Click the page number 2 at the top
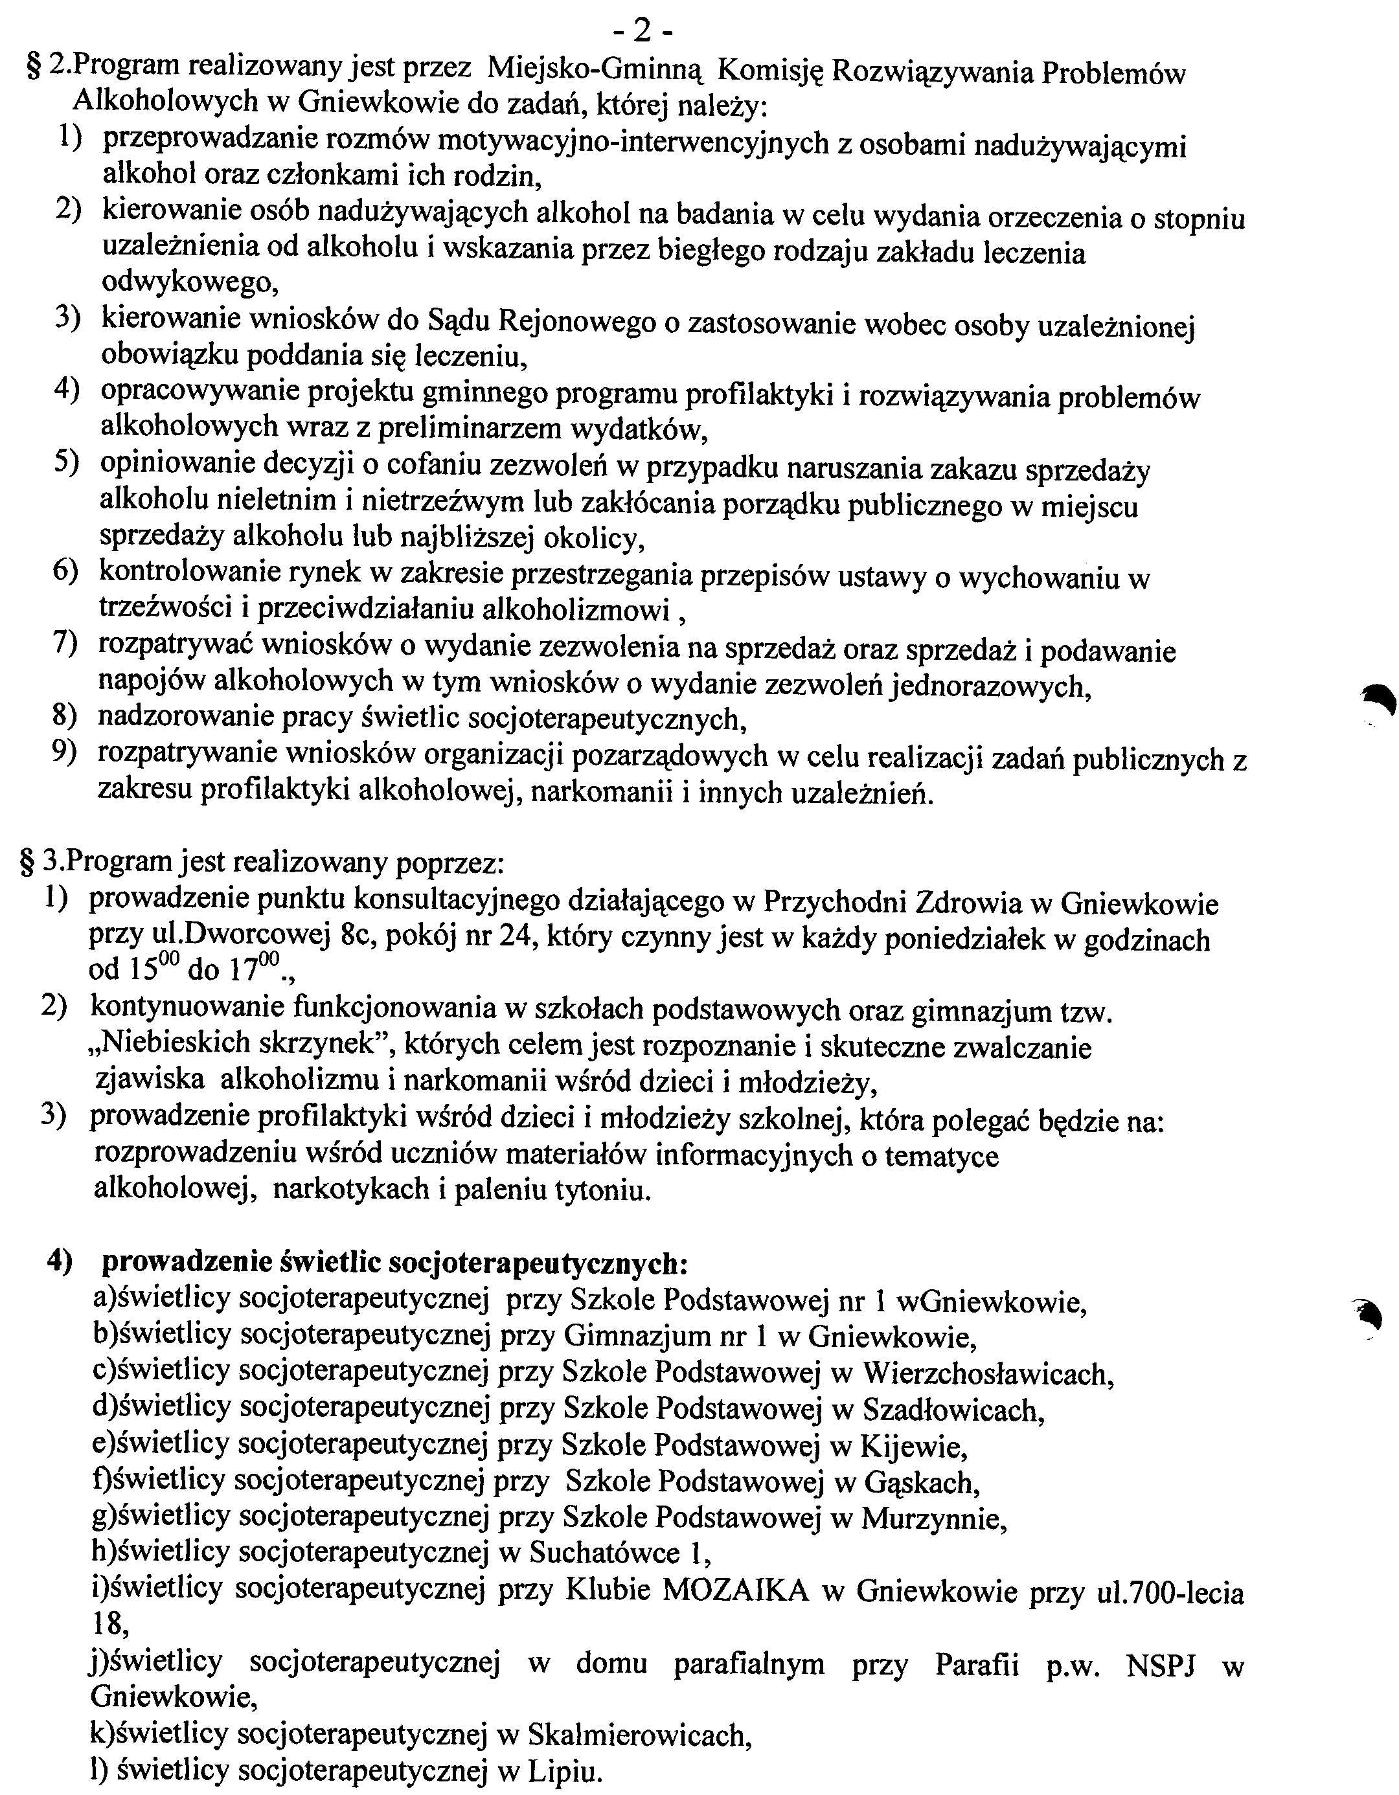pyautogui.click(x=643, y=31)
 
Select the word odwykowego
pyautogui.click(x=189, y=284)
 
